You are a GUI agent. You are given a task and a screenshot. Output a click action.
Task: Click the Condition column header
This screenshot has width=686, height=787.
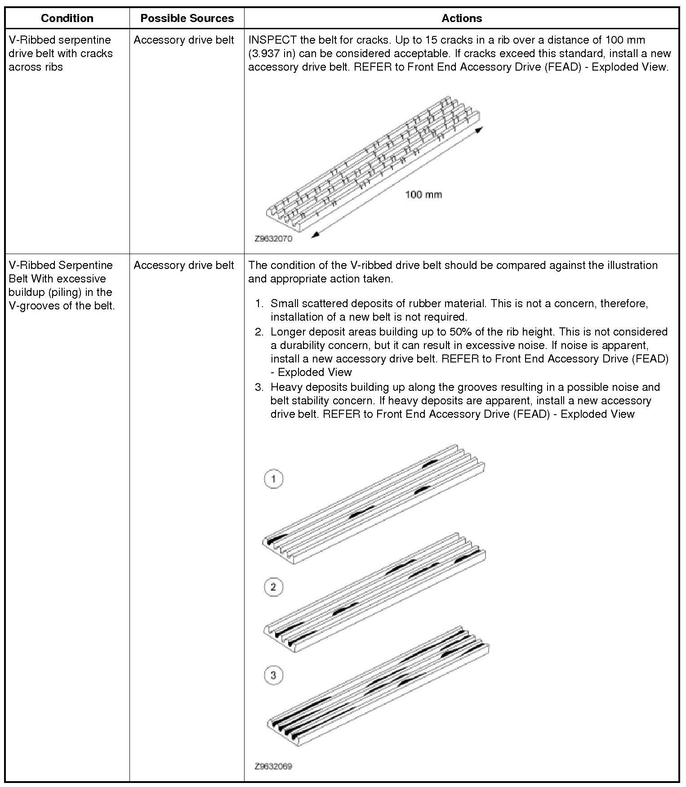coord(67,18)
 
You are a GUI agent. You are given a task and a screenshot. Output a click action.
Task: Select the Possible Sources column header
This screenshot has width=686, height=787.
coord(187,18)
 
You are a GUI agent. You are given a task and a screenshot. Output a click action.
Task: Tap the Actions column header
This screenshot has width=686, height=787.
coord(462,18)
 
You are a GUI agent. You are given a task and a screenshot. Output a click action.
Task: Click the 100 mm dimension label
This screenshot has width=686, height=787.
coord(423,195)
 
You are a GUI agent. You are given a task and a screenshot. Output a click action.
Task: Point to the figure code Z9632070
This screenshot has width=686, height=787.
coord(273,239)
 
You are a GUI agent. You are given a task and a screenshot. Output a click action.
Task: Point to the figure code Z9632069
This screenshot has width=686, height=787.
coord(273,766)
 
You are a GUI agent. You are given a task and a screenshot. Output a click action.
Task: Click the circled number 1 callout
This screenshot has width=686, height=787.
coord(273,478)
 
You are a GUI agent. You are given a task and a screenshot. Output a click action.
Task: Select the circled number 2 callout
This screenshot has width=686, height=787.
coord(273,587)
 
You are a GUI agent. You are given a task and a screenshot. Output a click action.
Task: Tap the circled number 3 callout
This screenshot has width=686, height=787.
coord(273,675)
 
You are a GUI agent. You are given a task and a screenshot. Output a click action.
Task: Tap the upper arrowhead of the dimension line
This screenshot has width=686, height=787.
coord(479,130)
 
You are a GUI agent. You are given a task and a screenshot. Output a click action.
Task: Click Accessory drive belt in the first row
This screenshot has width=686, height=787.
coord(184,40)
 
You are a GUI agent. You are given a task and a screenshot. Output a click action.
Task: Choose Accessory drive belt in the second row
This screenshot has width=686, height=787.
coord(184,265)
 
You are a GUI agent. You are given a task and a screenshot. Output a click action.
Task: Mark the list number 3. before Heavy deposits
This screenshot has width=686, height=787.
coord(259,387)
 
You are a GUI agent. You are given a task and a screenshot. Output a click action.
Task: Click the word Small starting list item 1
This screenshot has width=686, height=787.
coord(284,304)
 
